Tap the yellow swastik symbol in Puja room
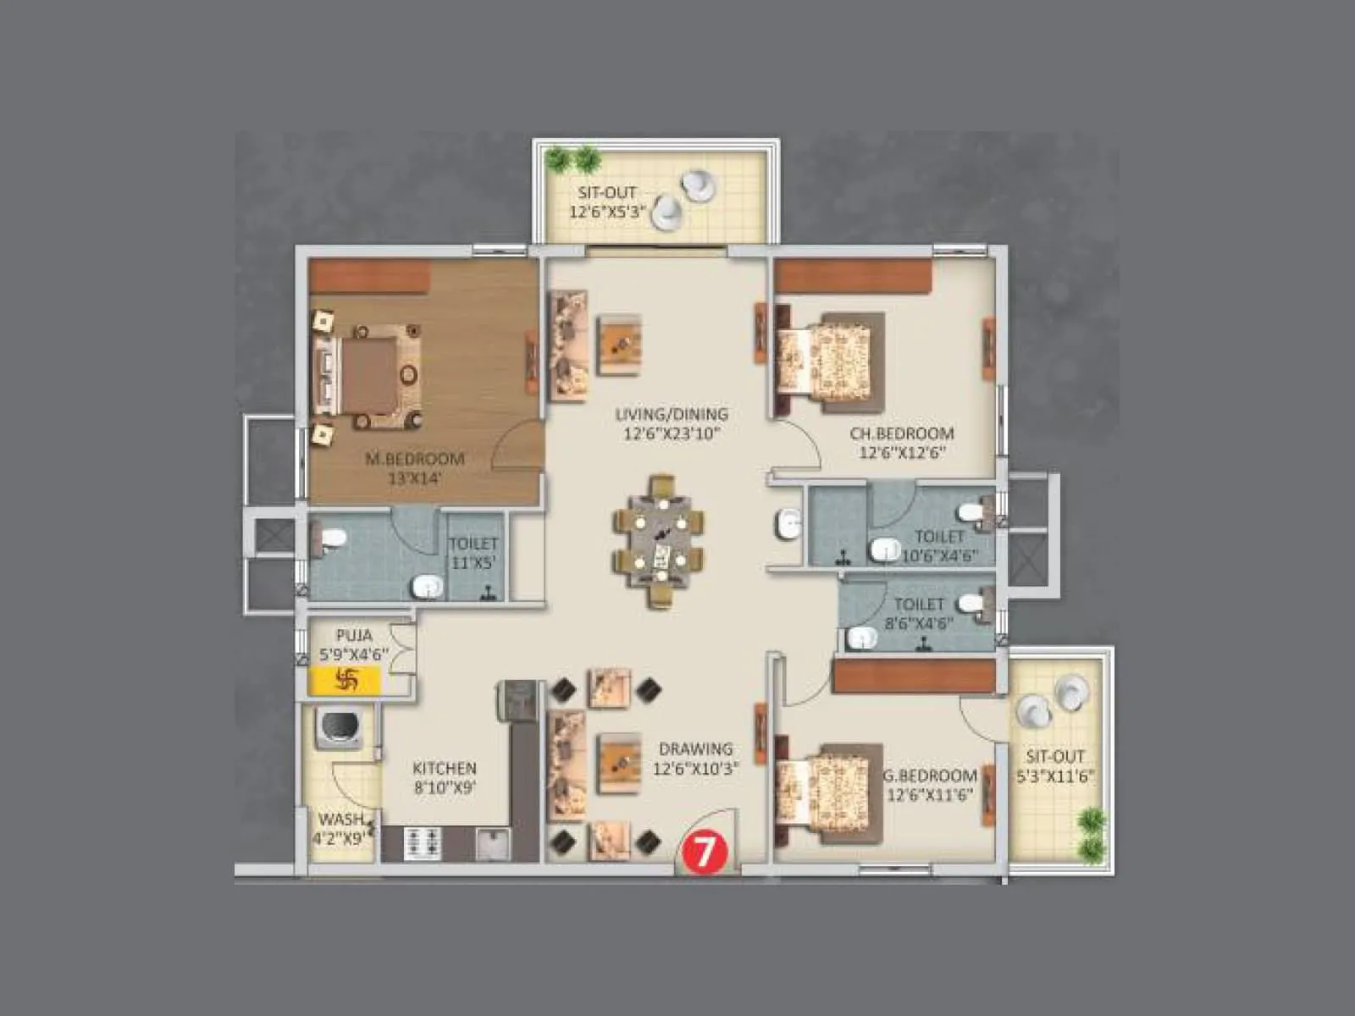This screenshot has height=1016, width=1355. (346, 680)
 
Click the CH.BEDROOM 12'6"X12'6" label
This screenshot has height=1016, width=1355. (901, 443)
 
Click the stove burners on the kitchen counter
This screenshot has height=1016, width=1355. (423, 842)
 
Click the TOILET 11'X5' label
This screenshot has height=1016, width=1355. (473, 553)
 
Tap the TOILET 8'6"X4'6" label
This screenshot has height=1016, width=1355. (919, 613)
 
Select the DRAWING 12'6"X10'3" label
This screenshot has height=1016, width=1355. (695, 759)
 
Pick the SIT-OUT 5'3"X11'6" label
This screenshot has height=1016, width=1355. (1054, 766)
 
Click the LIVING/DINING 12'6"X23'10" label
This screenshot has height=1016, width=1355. (671, 423)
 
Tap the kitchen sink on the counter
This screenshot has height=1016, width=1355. (493, 843)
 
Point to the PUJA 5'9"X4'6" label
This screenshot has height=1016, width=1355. (353, 644)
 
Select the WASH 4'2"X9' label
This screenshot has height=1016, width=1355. (341, 829)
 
